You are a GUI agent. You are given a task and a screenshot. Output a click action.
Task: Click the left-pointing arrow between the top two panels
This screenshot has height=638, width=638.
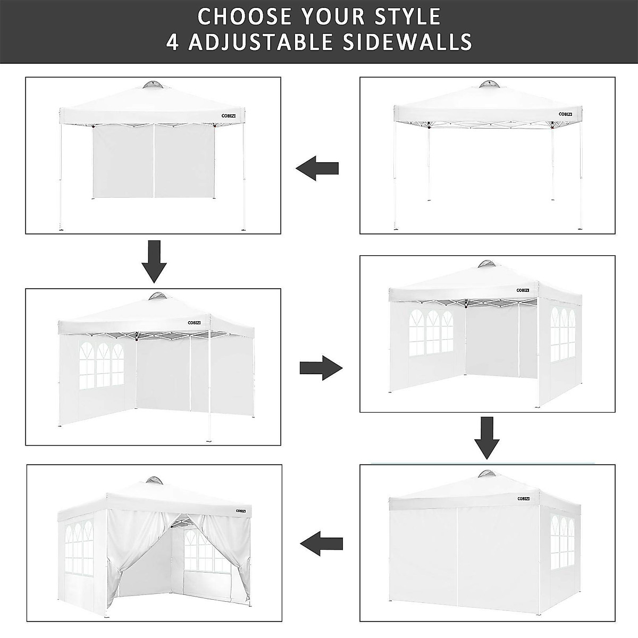(317, 169)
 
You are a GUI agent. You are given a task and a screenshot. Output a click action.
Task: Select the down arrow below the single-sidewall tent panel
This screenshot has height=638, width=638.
(154, 261)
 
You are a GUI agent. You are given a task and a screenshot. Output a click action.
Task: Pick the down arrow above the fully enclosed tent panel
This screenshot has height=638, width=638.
(487, 438)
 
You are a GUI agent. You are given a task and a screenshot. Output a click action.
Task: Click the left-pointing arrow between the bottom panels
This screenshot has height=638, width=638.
(321, 543)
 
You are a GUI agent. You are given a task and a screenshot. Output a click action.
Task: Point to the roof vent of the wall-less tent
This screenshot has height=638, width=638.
(489, 85)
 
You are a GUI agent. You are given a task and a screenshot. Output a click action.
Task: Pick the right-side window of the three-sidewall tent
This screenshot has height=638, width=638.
(564, 334)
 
